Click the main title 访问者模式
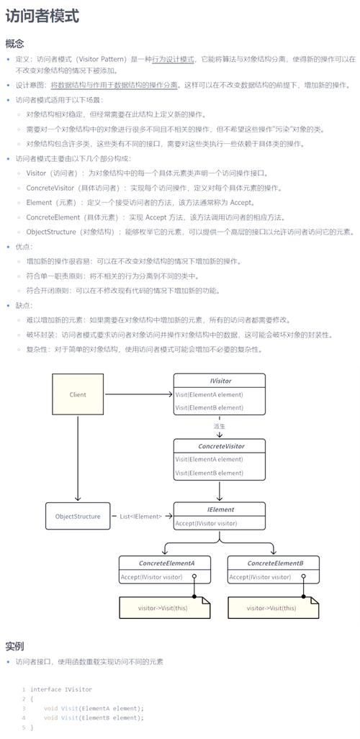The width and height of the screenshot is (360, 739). pyautogui.click(x=42, y=16)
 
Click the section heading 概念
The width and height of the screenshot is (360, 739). pyautogui.click(x=14, y=43)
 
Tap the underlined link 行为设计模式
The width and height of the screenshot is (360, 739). pyautogui.click(x=173, y=59)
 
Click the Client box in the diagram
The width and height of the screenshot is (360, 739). pyautogui.click(x=78, y=394)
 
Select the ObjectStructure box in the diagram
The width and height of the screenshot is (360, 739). pyautogui.click(x=78, y=516)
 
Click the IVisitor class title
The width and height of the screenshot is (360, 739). pyautogui.click(x=219, y=381)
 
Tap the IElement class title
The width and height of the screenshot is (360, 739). pyautogui.click(x=220, y=509)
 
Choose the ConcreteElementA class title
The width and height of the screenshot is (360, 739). pyautogui.click(x=166, y=563)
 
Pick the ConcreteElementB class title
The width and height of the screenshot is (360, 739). pyautogui.click(x=275, y=563)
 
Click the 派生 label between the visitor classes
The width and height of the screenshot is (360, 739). pyautogui.click(x=220, y=426)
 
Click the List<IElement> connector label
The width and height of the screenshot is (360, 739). pyautogui.click(x=140, y=516)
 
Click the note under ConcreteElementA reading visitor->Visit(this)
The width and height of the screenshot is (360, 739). pyautogui.click(x=163, y=608)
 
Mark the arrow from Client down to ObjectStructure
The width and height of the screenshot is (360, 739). pyautogui.click(x=78, y=461)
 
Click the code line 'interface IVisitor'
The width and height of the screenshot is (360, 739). pyautogui.click(x=61, y=689)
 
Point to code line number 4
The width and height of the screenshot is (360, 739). pyautogui.click(x=24, y=717)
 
